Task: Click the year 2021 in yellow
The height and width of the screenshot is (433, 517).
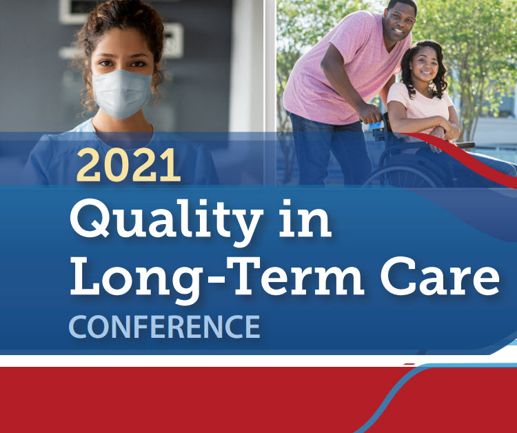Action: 129,165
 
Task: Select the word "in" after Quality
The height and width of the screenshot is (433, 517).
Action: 305,218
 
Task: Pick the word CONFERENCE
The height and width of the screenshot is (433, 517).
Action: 164,327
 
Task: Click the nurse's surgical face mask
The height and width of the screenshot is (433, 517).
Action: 121,94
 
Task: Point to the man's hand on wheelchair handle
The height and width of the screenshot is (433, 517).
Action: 370,114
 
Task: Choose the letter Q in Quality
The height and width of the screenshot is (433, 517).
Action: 90,219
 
